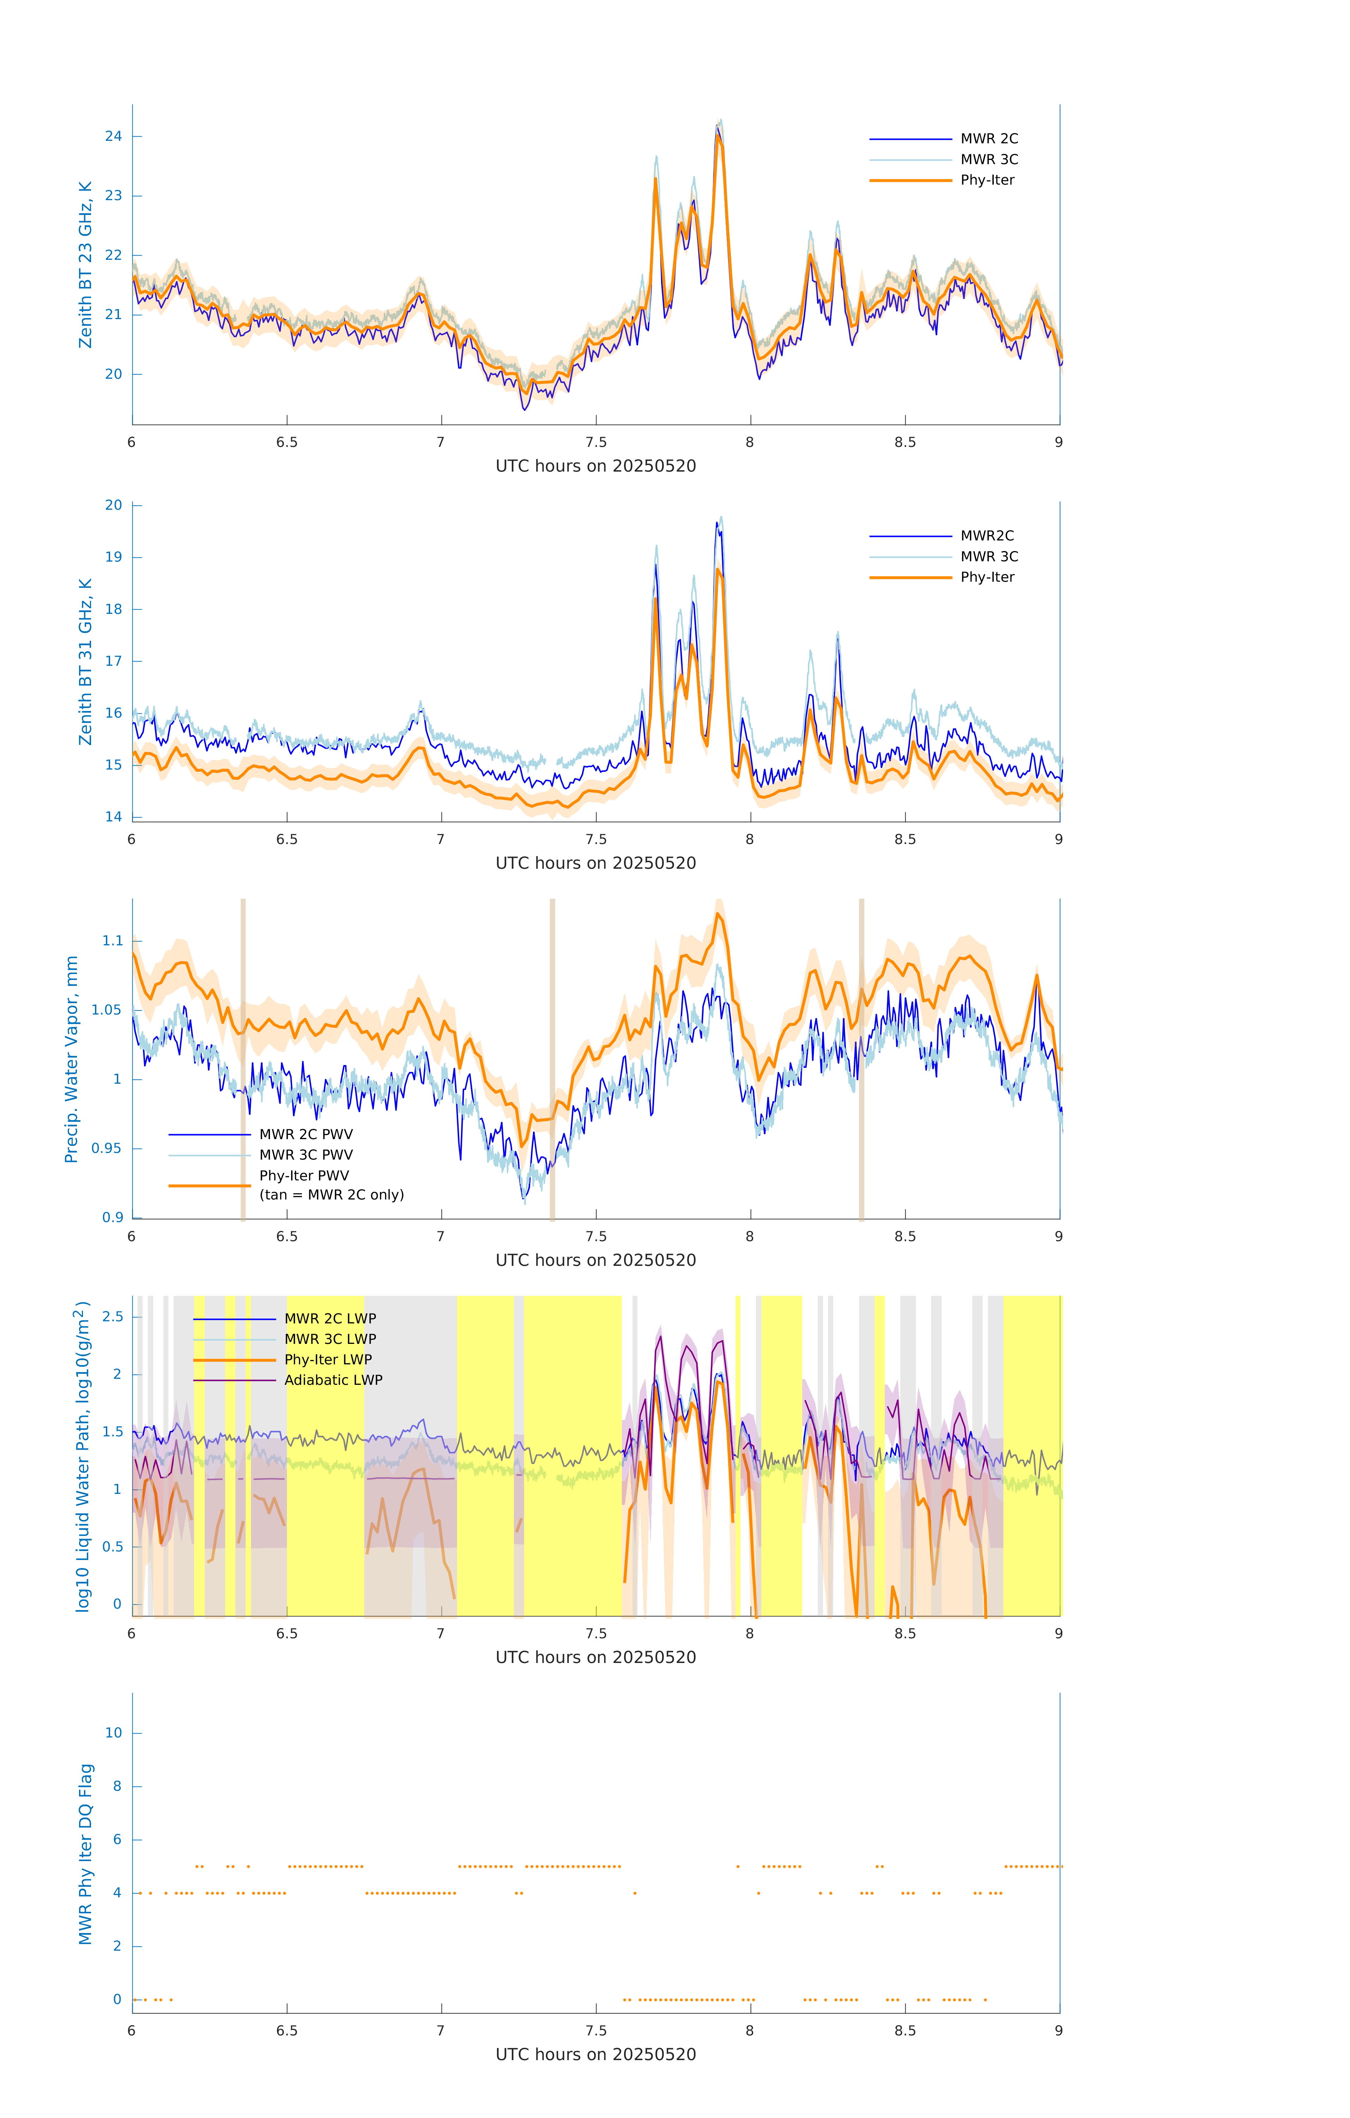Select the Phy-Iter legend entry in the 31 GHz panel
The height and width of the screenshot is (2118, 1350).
pyautogui.click(x=987, y=577)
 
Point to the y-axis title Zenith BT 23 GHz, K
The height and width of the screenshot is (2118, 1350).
pyautogui.click(x=85, y=265)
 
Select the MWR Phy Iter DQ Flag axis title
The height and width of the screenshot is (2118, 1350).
pyautogui.click(x=85, y=1854)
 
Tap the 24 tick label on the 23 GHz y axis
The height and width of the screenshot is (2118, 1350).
pyautogui.click(x=113, y=136)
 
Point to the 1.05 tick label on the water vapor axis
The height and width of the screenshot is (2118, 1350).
pyautogui.click(x=107, y=1010)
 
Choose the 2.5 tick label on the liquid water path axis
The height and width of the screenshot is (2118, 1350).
pyautogui.click(x=113, y=1317)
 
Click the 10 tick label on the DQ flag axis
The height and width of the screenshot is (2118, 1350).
pyautogui.click(x=113, y=1733)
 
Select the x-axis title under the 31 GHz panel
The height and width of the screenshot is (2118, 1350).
pyautogui.click(x=595, y=863)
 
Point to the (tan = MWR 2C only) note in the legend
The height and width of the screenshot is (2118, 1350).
pyautogui.click(x=331, y=1195)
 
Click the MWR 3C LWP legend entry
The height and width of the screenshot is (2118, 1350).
pyautogui.click(x=330, y=1339)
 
